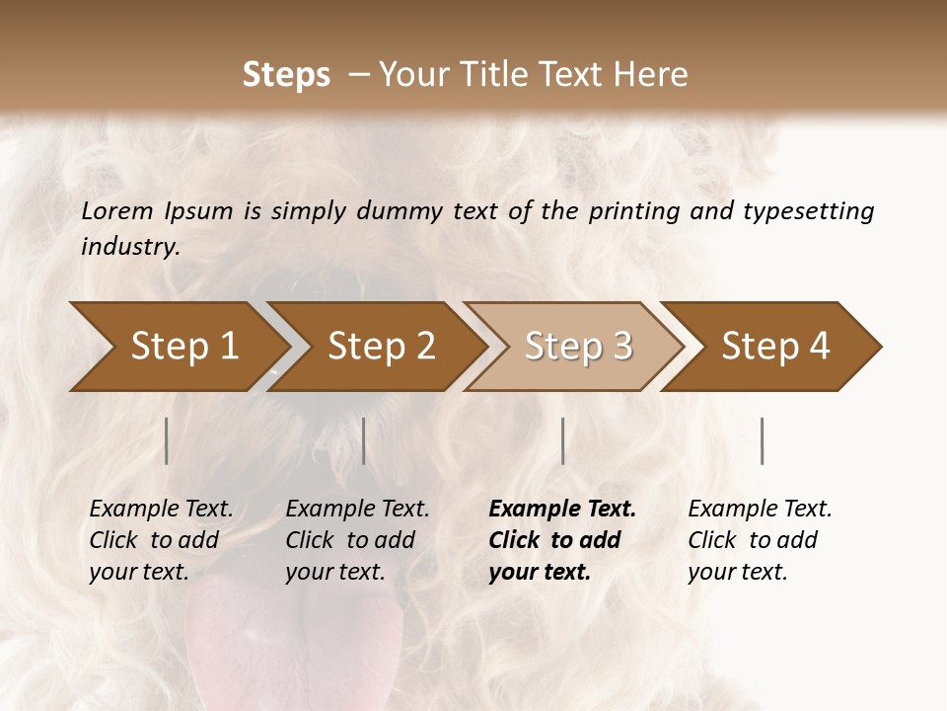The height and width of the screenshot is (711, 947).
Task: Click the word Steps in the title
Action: pos(286,75)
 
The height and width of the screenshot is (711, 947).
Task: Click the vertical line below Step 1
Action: pos(166,440)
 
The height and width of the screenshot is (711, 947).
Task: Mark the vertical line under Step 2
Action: pos(364,440)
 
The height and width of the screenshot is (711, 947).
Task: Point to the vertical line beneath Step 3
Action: pos(562,440)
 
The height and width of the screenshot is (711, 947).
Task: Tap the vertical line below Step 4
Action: pos(762,440)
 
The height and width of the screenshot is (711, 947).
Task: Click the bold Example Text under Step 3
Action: pos(562,510)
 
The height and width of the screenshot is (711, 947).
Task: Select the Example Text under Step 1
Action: pos(161,510)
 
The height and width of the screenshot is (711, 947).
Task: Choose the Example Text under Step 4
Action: pos(760,510)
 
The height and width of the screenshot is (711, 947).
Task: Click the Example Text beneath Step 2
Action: pos(357,510)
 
